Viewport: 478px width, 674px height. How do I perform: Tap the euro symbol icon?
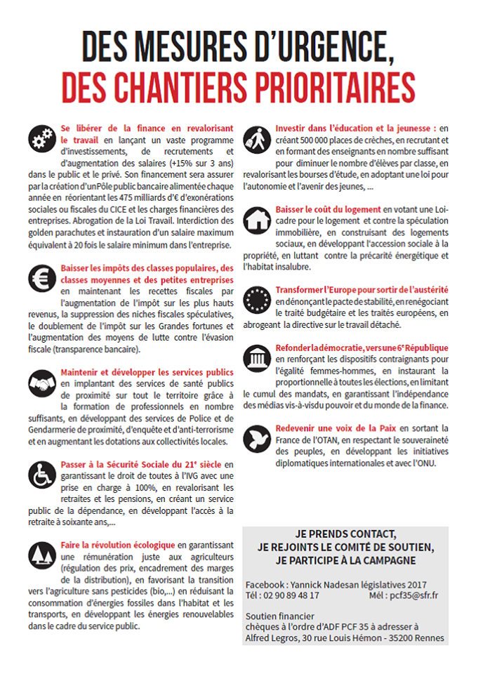[x=43, y=279]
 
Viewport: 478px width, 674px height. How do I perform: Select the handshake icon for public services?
[x=43, y=383]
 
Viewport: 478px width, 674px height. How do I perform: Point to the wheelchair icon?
[x=43, y=475]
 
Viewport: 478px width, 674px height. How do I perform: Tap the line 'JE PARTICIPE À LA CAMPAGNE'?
[x=345, y=560]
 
